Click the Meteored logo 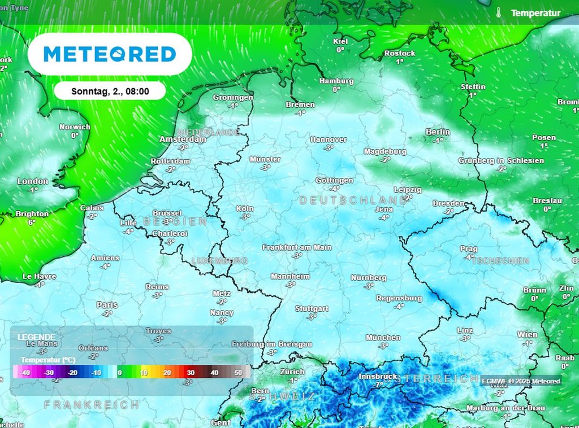(x=110, y=54)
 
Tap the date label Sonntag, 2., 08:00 (x=110, y=91)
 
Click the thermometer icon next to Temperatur (x=499, y=13)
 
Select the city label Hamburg (x=336, y=81)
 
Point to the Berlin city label (x=438, y=132)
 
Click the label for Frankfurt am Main (x=297, y=247)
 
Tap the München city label (x=383, y=338)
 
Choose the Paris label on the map (x=107, y=305)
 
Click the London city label (x=33, y=181)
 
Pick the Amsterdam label (x=183, y=139)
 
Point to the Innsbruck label (x=378, y=377)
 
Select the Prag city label (x=469, y=249)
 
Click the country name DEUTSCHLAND (x=353, y=200)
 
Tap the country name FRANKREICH (x=92, y=405)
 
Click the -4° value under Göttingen (x=335, y=189)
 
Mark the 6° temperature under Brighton (x=32, y=222)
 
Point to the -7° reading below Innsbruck (x=378, y=385)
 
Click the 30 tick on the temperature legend (x=191, y=373)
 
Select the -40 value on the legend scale (x=25, y=373)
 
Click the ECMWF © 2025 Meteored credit (x=521, y=381)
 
